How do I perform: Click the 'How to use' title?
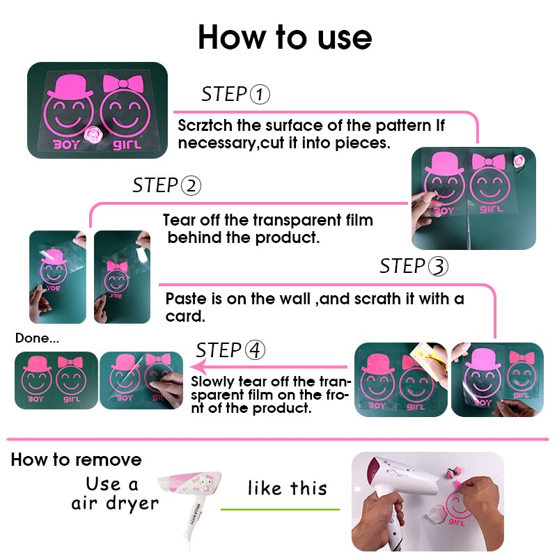[x=284, y=36]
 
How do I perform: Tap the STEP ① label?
[x=235, y=94]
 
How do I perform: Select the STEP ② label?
[x=167, y=186]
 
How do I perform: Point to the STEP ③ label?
[x=414, y=266]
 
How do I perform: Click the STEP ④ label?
[x=230, y=350]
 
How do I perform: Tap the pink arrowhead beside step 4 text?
[x=197, y=367]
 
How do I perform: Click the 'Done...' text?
[x=38, y=338]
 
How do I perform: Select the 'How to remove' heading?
[x=76, y=460]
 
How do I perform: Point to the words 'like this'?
[x=287, y=488]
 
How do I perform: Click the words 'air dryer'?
[x=115, y=503]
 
